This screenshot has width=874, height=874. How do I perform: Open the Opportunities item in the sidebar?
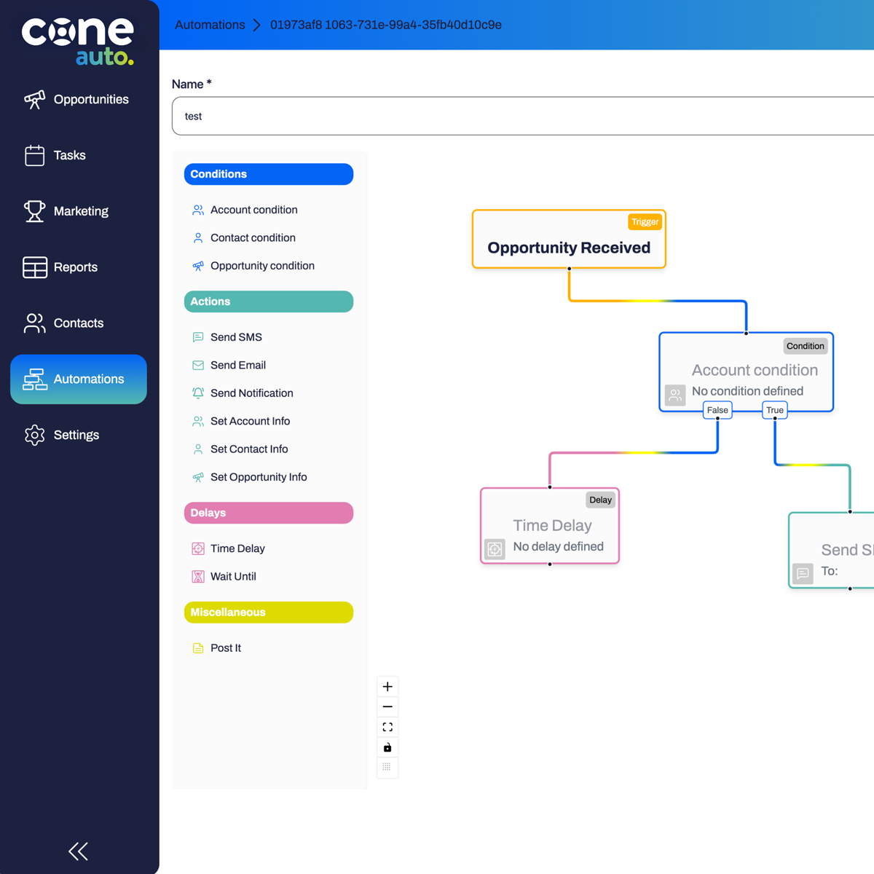tap(90, 100)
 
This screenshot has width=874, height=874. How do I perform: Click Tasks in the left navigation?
tap(69, 155)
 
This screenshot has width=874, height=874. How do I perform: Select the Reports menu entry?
tap(75, 267)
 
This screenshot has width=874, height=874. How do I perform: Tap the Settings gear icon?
tap(34, 435)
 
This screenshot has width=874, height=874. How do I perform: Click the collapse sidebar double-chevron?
tap(78, 851)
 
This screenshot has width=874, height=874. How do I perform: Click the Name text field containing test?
tap(510, 117)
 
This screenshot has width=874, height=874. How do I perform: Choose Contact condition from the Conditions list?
tap(253, 238)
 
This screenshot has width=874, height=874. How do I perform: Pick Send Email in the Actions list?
tap(237, 365)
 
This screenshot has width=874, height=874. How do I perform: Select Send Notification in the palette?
tap(251, 393)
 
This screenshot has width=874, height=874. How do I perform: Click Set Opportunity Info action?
tap(259, 477)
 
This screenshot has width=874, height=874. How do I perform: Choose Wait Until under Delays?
tap(233, 576)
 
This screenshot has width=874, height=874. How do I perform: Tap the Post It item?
tap(225, 647)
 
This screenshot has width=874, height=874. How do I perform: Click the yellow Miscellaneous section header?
tap(268, 613)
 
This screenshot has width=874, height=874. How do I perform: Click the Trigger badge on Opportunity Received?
tap(645, 221)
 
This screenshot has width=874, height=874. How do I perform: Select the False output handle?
tap(717, 411)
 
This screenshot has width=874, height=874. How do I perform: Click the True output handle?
tap(775, 411)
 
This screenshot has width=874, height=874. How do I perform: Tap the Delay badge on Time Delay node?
tap(600, 500)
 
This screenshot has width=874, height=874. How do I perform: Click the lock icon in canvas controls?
tap(387, 747)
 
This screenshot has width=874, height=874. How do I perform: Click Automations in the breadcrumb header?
tap(210, 25)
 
